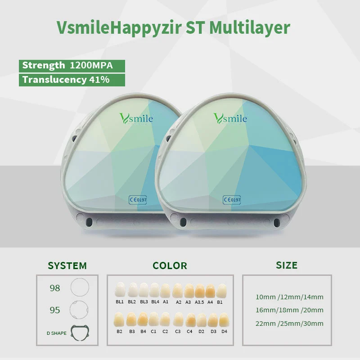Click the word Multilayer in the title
(x=250, y=28)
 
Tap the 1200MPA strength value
(x=91, y=65)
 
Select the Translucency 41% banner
(x=72, y=80)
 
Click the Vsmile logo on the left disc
(x=136, y=118)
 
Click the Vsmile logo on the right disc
(x=230, y=118)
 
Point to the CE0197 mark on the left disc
(x=138, y=200)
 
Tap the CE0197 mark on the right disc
(x=232, y=200)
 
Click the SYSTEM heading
(x=67, y=265)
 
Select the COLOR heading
(x=170, y=265)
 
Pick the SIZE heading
(x=287, y=265)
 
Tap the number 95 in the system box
(x=55, y=310)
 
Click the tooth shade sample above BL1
(x=120, y=290)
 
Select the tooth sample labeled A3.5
(x=199, y=291)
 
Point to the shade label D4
(x=224, y=331)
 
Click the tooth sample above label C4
(x=190, y=320)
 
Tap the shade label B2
(x=119, y=331)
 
